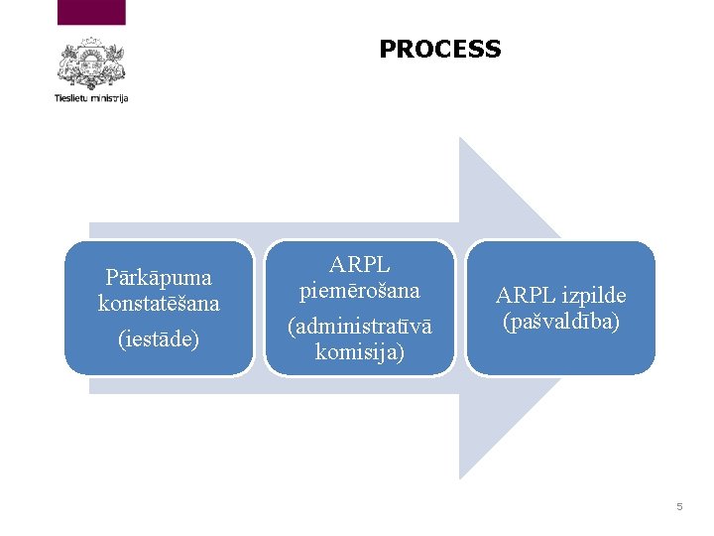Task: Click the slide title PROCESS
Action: (x=439, y=49)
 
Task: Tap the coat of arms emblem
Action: (x=91, y=65)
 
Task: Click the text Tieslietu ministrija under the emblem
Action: (x=91, y=98)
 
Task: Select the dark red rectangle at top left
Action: (x=91, y=12)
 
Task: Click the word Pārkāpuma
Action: (x=159, y=277)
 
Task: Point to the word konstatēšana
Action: (x=159, y=303)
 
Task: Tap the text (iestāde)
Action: (x=159, y=339)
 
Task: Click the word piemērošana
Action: (x=360, y=291)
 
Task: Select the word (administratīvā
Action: (x=360, y=327)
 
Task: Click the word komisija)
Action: (x=360, y=351)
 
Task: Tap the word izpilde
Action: (x=592, y=296)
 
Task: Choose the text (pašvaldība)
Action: (x=561, y=321)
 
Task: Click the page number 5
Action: (x=679, y=507)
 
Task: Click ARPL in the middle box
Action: (x=360, y=265)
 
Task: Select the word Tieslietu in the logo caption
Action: (x=71, y=98)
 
